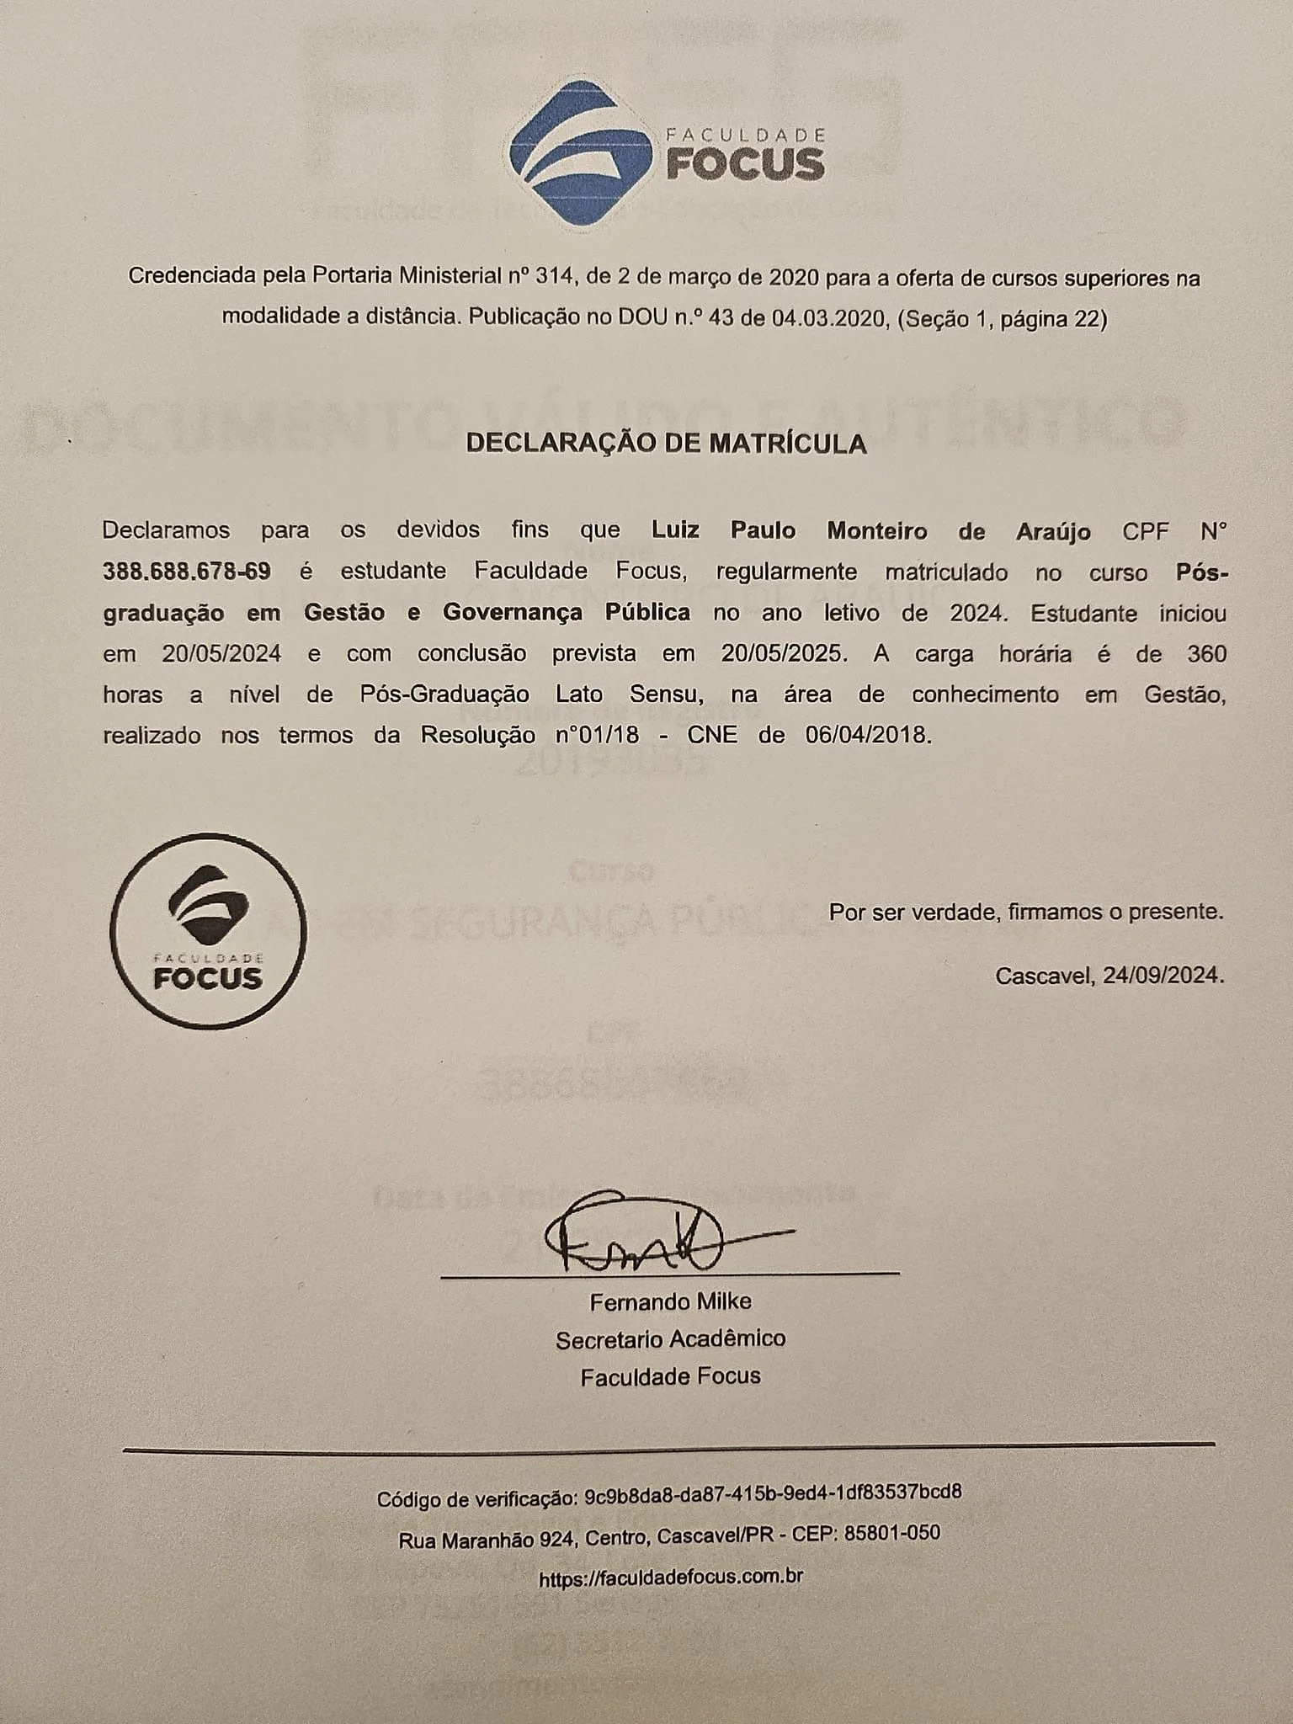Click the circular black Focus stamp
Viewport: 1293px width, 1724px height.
[209, 930]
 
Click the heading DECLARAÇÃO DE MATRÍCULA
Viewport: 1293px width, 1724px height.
[666, 444]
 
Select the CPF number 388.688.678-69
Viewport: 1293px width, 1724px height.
[187, 572]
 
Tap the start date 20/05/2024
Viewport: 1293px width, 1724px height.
[221, 654]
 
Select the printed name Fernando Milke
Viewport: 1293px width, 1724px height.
[670, 1301]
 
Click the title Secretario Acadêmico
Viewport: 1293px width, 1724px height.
[670, 1338]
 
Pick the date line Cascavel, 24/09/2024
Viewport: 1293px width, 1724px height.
[1109, 976]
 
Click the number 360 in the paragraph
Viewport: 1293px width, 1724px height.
[1206, 654]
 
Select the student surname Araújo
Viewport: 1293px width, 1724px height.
[1048, 531]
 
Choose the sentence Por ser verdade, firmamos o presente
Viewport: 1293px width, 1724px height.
[1026, 912]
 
